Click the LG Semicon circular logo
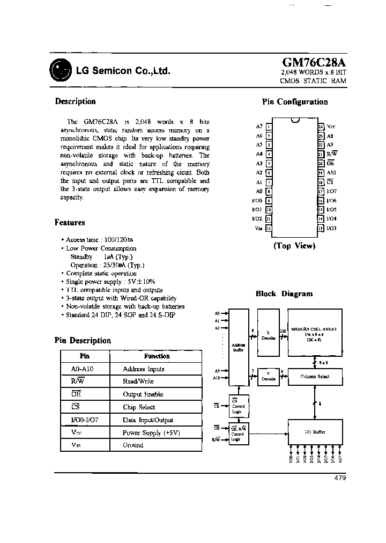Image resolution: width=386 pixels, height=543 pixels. point(59,70)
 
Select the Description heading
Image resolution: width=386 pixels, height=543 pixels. point(75,101)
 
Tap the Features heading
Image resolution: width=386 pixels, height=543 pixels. point(70,222)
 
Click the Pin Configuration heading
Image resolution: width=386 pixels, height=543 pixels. point(294,102)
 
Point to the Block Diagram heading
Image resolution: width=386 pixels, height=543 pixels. point(284,293)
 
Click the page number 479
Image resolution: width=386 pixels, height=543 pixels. point(340,478)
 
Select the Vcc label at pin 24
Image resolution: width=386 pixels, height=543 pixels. point(331,127)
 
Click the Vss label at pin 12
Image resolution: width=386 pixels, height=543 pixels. point(258,229)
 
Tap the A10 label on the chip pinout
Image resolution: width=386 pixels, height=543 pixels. point(331,173)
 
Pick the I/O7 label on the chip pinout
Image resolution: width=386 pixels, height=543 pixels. point(331,191)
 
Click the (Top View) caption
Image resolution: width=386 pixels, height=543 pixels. point(294,246)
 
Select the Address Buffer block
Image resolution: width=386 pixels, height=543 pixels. point(237,346)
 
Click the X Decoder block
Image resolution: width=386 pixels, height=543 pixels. point(268,333)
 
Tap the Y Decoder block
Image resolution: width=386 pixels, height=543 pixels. point(268,376)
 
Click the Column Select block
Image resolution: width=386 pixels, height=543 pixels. point(315,376)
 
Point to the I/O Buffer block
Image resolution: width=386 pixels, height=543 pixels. point(315,432)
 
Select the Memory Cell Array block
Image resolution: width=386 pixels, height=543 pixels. point(315,333)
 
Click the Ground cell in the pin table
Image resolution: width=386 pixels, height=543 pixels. point(133,445)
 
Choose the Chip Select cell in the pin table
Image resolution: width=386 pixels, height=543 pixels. point(139,407)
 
